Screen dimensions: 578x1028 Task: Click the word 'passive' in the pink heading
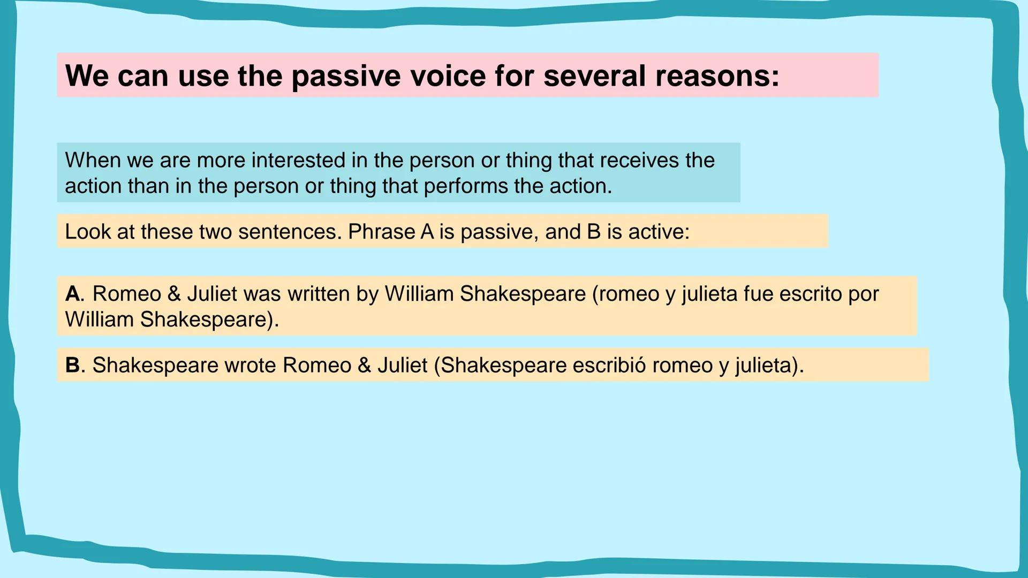(345, 76)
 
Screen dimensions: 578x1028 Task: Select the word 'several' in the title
(594, 76)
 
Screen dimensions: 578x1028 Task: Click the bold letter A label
(72, 294)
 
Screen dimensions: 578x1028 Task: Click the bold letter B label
(72, 365)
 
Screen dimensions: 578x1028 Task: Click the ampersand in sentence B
(365, 365)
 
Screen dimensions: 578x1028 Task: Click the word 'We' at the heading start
(87, 76)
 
